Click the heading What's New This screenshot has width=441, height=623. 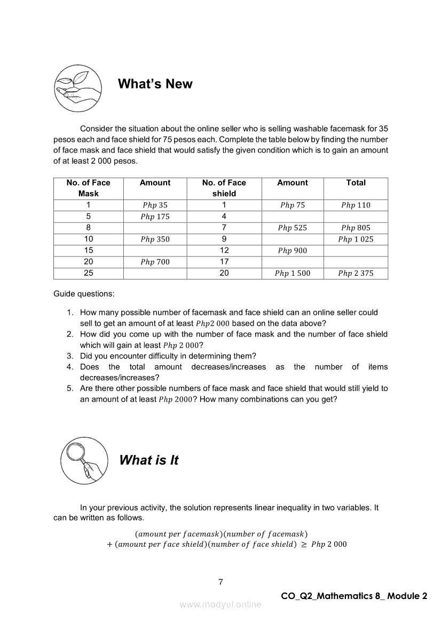(155, 84)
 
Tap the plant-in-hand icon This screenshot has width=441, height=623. (78, 88)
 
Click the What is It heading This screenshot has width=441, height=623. (148, 460)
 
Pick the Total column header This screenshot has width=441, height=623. (356, 183)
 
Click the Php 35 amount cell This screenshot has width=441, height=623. (155, 205)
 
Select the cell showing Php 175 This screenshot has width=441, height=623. (155, 217)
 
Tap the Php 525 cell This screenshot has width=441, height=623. (292, 228)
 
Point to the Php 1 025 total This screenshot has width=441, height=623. (356, 239)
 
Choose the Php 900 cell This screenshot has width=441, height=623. (292, 251)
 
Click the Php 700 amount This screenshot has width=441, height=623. (155, 262)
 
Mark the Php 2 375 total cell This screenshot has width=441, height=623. (356, 274)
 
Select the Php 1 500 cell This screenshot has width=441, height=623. (292, 274)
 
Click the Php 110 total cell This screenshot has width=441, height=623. (356, 205)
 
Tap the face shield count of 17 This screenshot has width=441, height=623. (224, 262)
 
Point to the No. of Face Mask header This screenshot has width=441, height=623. (88, 188)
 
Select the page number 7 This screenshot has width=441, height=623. (220, 582)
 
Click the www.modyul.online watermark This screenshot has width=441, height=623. (220, 604)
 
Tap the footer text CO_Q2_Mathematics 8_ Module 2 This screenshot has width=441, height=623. (354, 596)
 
